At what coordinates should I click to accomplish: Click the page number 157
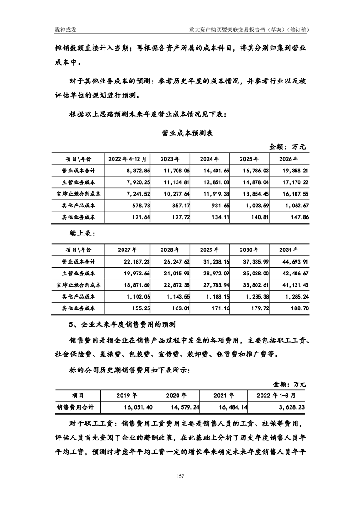[180, 476]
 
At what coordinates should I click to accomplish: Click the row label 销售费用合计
[74, 407]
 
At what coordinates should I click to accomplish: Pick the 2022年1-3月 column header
[276, 395]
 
